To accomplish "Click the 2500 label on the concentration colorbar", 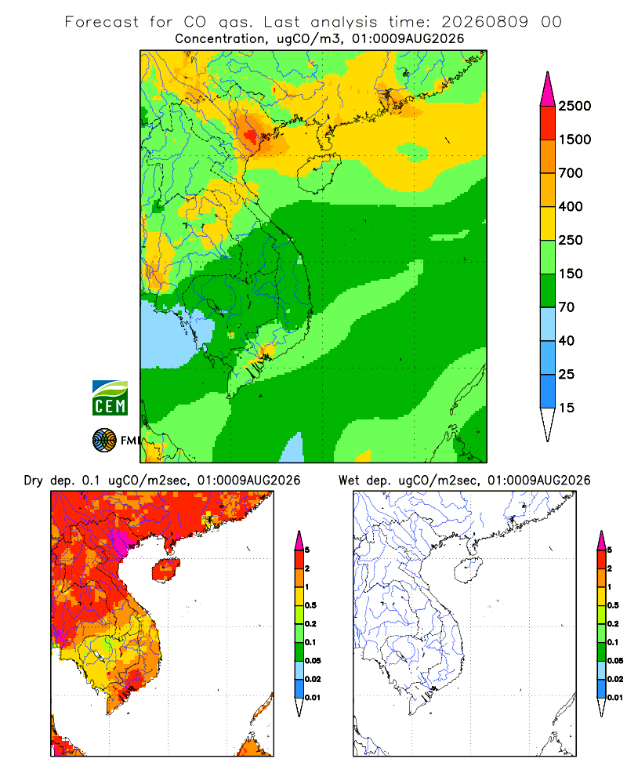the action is [x=574, y=106].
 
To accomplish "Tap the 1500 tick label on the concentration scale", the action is [x=574, y=140].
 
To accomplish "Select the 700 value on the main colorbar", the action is [x=571, y=173].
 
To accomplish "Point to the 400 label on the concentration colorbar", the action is [x=571, y=206].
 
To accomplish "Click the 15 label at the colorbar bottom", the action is [x=567, y=408].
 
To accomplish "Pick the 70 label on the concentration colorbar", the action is [x=567, y=307].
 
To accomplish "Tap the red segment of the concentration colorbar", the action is [x=548, y=123].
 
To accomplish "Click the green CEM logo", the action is [x=110, y=398].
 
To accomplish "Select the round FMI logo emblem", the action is [x=104, y=441].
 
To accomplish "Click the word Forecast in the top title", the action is [x=102, y=22].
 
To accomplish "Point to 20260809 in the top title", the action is [x=484, y=22].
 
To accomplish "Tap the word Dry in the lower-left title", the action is [x=34, y=481].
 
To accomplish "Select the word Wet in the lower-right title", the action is [x=349, y=481].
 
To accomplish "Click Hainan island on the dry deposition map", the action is [x=165, y=569].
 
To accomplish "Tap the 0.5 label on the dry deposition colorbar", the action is [x=310, y=605].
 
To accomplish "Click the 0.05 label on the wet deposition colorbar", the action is [x=615, y=661].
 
